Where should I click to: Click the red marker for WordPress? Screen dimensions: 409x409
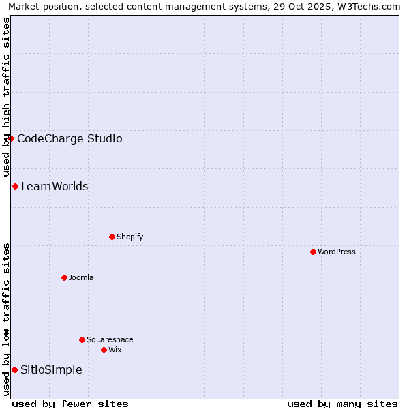[313, 252]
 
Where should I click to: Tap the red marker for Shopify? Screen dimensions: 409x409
[112, 237]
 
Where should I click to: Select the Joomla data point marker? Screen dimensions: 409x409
[64, 277]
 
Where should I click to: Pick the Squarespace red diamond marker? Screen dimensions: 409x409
[82, 339]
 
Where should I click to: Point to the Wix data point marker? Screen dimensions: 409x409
[104, 350]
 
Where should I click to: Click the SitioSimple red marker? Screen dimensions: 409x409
[14, 369]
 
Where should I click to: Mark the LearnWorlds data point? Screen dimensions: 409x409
[15, 186]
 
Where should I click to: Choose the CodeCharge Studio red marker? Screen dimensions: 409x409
[11, 138]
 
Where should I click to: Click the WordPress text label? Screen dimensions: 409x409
[337, 252]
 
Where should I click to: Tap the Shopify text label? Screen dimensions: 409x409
[130, 237]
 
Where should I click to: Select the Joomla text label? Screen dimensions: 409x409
[81, 277]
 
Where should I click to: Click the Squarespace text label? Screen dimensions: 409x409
[110, 339]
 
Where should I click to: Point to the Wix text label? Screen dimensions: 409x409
[115, 350]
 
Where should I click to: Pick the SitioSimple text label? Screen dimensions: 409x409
[51, 369]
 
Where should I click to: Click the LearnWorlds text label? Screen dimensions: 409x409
[55, 186]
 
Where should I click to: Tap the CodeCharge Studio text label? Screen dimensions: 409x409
[70, 138]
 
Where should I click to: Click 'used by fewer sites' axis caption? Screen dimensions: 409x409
[70, 404]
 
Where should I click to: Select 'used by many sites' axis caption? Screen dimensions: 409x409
[342, 404]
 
